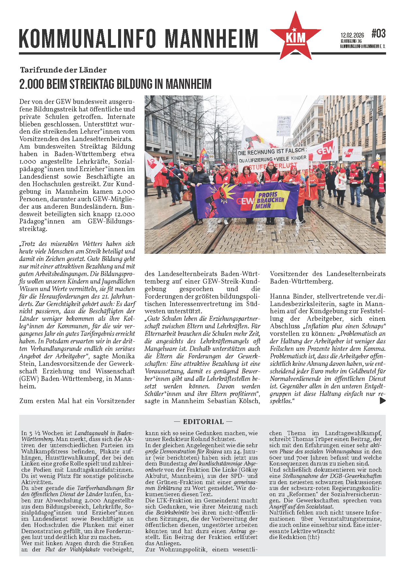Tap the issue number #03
(x=378, y=33)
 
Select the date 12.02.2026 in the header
(x=352, y=35)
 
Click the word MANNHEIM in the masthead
(x=211, y=39)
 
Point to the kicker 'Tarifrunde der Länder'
(x=63, y=70)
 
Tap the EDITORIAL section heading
(x=203, y=421)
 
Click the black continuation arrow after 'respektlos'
(x=383, y=401)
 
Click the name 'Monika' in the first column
(x=123, y=356)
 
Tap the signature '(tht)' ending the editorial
(x=313, y=537)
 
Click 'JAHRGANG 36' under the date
(x=351, y=41)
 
